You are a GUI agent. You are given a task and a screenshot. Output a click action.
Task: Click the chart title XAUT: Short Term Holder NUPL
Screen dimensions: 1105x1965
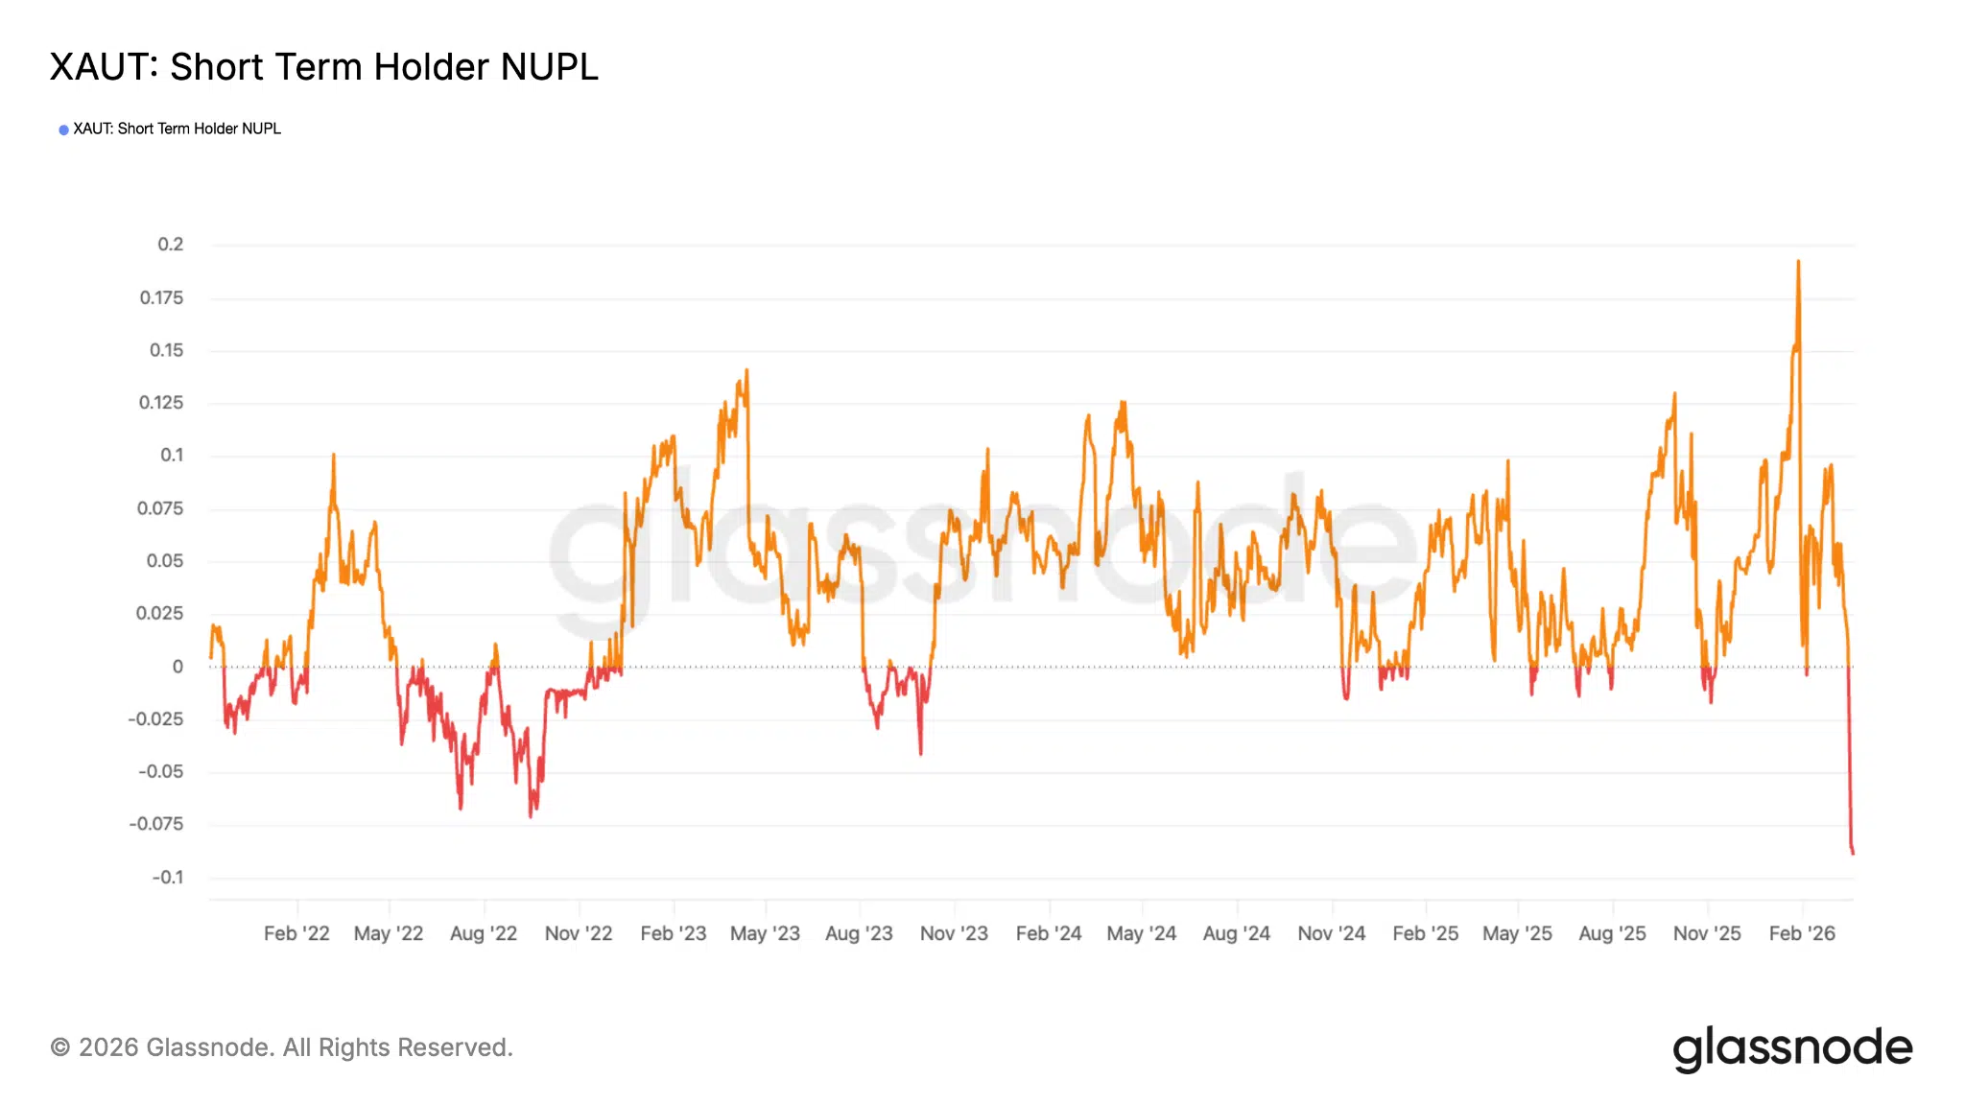pyautogui.click(x=323, y=67)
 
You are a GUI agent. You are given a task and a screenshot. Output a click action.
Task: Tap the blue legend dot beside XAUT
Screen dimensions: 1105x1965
pyautogui.click(x=63, y=129)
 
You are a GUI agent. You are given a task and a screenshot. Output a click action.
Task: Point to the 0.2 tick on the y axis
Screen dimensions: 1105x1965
pyautogui.click(x=170, y=245)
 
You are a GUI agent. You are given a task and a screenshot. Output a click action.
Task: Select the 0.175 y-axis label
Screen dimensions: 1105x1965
pyautogui.click(x=161, y=297)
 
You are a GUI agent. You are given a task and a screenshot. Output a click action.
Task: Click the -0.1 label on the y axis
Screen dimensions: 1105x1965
pyautogui.click(x=167, y=877)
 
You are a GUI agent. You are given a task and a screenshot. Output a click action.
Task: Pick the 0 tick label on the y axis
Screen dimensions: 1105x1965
pyautogui.click(x=178, y=666)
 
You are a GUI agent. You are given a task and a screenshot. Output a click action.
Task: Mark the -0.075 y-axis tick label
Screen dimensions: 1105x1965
pyautogui.click(x=156, y=824)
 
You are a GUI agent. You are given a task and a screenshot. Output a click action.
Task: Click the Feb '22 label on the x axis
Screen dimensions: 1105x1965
pyautogui.click(x=296, y=933)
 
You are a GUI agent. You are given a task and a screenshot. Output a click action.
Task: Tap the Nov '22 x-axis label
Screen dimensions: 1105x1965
pyautogui.click(x=579, y=933)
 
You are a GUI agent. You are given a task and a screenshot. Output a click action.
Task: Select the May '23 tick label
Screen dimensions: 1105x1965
pyautogui.click(x=765, y=933)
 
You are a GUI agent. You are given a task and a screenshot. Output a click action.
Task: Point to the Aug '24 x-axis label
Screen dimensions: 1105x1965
pyautogui.click(x=1237, y=933)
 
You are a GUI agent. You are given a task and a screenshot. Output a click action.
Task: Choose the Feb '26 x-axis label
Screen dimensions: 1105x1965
pyautogui.click(x=1802, y=933)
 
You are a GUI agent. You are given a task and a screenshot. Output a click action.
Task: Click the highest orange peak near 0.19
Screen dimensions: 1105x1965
pyautogui.click(x=1798, y=262)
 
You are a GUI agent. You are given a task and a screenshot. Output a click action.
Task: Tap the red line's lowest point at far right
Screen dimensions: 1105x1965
pyautogui.click(x=1853, y=852)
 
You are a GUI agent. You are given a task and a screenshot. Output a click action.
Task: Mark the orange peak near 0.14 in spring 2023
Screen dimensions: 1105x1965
pyautogui.click(x=746, y=371)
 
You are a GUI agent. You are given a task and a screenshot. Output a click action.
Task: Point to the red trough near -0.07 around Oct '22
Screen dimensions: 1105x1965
pyautogui.click(x=531, y=815)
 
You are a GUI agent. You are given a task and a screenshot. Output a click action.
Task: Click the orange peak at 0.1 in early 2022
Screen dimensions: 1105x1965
pyautogui.click(x=334, y=456)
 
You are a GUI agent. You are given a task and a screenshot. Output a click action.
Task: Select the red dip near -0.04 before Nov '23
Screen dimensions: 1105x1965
pyautogui.click(x=921, y=753)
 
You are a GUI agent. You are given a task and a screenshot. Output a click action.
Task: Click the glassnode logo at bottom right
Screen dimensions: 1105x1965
pyautogui.click(x=1792, y=1048)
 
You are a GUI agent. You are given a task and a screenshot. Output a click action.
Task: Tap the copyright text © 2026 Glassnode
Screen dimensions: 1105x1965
pyautogui.click(x=281, y=1047)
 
